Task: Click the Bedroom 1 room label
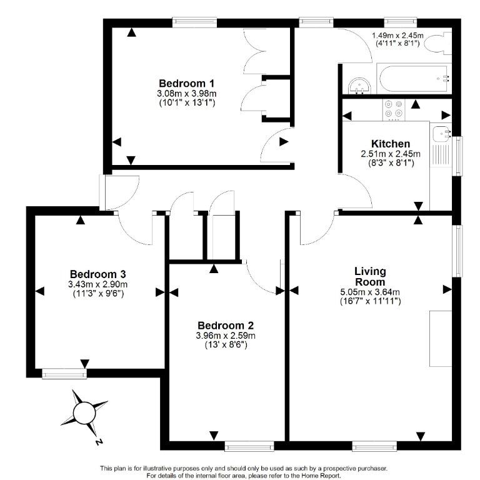pyautogui.click(x=187, y=83)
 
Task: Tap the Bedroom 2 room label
pyautogui.click(x=226, y=325)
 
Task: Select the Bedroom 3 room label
pyautogui.click(x=98, y=274)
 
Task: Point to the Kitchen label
pyautogui.click(x=391, y=144)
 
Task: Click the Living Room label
pyautogui.click(x=370, y=276)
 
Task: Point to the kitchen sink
pyautogui.click(x=443, y=133)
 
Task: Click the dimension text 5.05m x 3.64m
pyautogui.click(x=370, y=291)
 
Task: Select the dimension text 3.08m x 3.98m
pyautogui.click(x=187, y=94)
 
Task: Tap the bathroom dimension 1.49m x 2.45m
pyautogui.click(x=397, y=36)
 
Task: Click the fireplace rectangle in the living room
pyautogui.click(x=440, y=337)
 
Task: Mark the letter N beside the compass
pyautogui.click(x=99, y=442)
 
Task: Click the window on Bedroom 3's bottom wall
pyautogui.click(x=64, y=374)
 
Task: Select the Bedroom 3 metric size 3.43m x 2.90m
pyautogui.click(x=98, y=284)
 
